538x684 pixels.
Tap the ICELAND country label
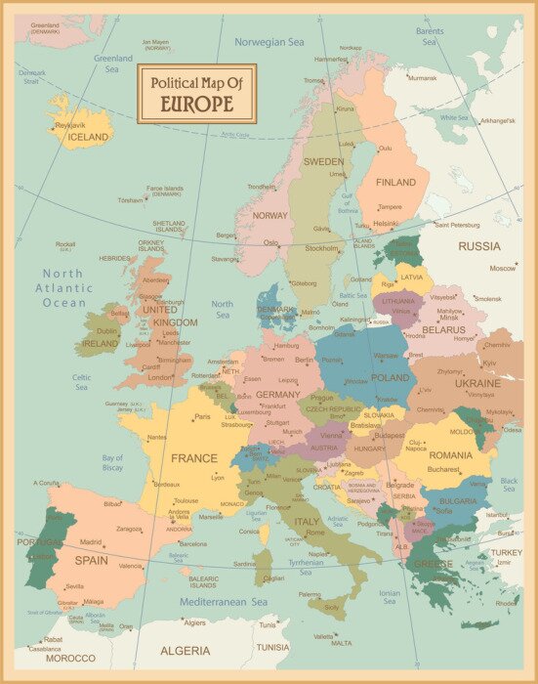coord(87,138)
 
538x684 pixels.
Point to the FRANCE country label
coord(194,457)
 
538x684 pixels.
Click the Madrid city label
coord(91,541)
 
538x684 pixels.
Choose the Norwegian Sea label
coord(269,42)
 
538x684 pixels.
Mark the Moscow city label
coord(503,268)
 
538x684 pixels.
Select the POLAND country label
coord(391,377)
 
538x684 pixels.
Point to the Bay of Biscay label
coord(112,462)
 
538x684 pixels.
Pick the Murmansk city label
coord(422,77)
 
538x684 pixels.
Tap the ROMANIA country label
coord(450,455)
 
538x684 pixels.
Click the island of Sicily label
coord(333,607)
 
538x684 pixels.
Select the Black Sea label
coord(509,485)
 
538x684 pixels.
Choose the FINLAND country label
coord(395,182)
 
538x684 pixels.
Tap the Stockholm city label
coord(321,248)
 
